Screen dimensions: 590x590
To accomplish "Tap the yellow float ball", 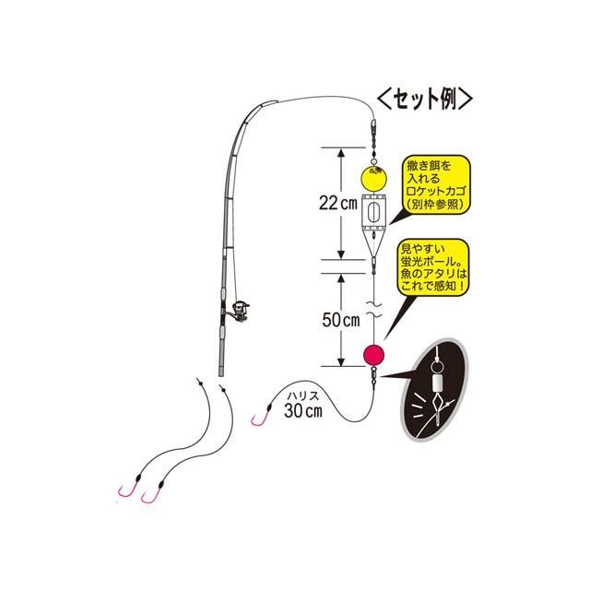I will [x=372, y=174].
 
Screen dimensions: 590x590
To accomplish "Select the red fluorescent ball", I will [x=373, y=354].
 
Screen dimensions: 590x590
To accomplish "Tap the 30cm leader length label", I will [x=302, y=410].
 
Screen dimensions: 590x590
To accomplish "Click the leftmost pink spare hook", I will [x=123, y=498].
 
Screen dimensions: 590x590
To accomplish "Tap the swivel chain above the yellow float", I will [x=372, y=138].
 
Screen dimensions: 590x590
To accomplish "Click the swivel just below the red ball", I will [x=373, y=374].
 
